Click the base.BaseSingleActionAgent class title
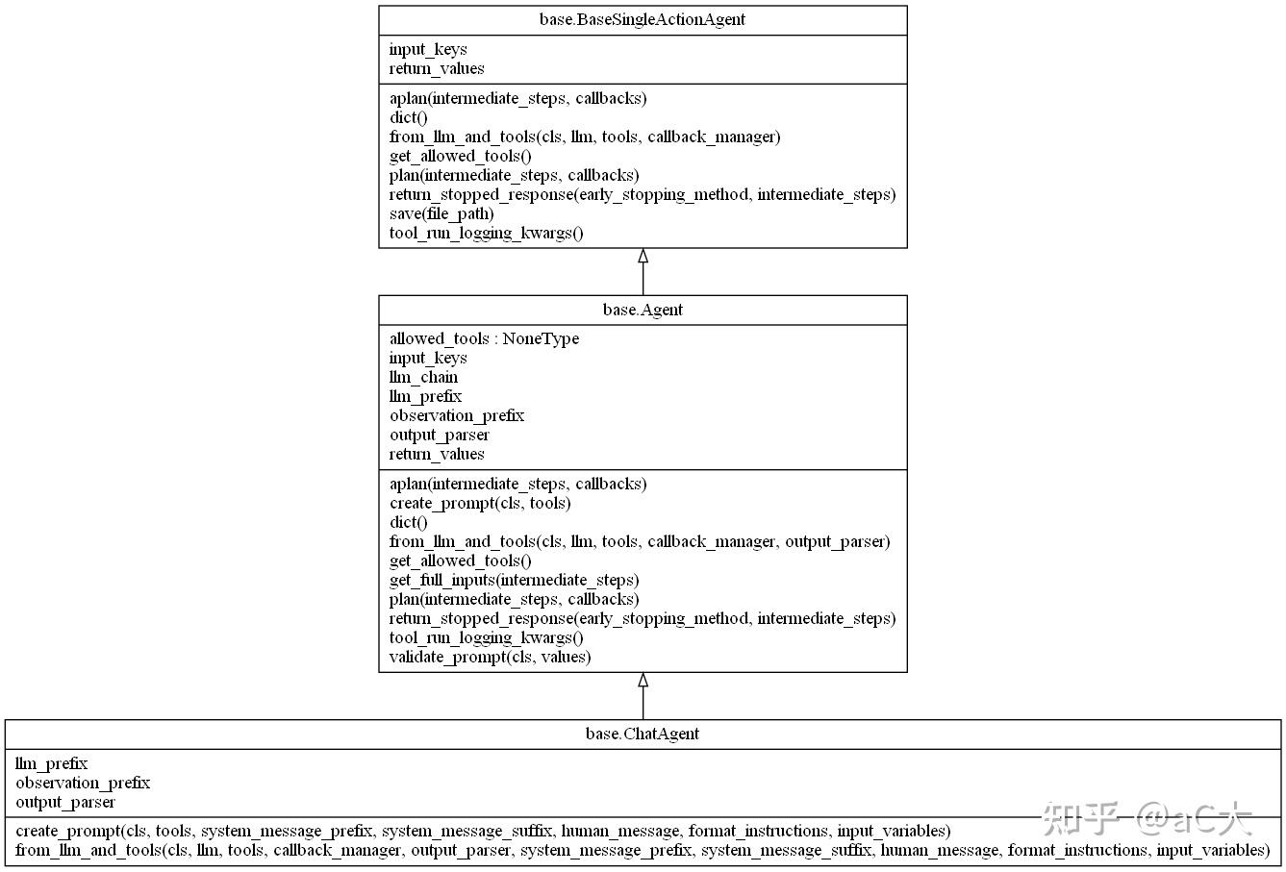(x=643, y=19)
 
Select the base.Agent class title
(x=643, y=310)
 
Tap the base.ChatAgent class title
(x=643, y=734)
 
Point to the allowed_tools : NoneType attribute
(x=484, y=338)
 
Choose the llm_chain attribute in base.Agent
(x=423, y=377)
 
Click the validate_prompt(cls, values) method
(x=490, y=657)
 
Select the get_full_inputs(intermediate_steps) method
(x=514, y=580)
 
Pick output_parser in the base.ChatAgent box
(x=65, y=802)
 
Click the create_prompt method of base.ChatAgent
(x=483, y=831)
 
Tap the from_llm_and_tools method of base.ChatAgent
(x=643, y=850)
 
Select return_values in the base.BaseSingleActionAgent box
(x=437, y=68)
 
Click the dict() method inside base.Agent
(x=409, y=522)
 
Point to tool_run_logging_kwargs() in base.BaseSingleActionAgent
(x=486, y=233)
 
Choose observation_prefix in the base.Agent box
(x=457, y=415)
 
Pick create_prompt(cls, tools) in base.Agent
(x=480, y=503)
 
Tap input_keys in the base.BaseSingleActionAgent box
(x=428, y=49)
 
